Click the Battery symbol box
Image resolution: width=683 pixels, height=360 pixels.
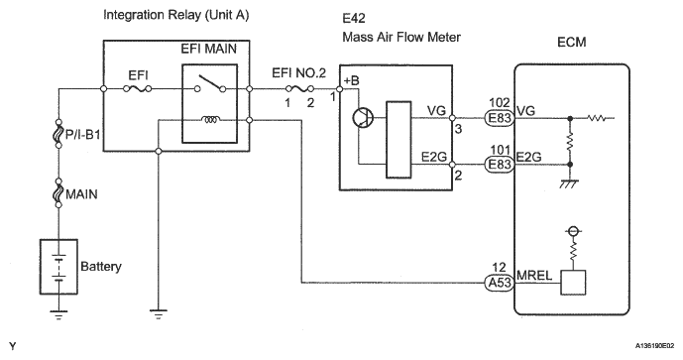pyautogui.click(x=58, y=267)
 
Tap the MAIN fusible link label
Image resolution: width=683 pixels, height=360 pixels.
pyautogui.click(x=81, y=194)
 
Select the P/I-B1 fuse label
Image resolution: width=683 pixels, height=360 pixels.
pyautogui.click(x=82, y=134)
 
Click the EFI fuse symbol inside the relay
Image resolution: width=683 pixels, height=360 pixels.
pyautogui.click(x=137, y=89)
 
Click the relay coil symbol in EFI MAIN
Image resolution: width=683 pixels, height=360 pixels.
pyautogui.click(x=210, y=119)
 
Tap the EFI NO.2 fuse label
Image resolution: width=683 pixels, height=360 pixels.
pyautogui.click(x=298, y=72)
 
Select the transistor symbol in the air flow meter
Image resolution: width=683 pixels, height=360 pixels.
pyautogui.click(x=363, y=118)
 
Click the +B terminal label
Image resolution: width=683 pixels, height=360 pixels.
pyautogui.click(x=352, y=81)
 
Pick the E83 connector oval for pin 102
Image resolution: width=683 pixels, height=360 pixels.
pyautogui.click(x=500, y=118)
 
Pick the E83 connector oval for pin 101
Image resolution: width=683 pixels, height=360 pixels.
pyautogui.click(x=500, y=165)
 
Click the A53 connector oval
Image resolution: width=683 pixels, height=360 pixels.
pyautogui.click(x=500, y=283)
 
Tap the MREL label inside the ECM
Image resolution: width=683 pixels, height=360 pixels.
pyautogui.click(x=534, y=276)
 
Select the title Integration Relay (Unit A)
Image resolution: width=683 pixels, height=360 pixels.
pyautogui.click(x=176, y=15)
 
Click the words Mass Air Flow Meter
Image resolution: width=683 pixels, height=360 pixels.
pyautogui.click(x=401, y=37)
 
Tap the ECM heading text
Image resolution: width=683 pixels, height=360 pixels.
pyautogui.click(x=572, y=43)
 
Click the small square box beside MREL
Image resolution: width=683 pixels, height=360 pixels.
pyautogui.click(x=573, y=283)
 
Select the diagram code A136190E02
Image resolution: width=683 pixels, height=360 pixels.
pyautogui.click(x=654, y=345)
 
